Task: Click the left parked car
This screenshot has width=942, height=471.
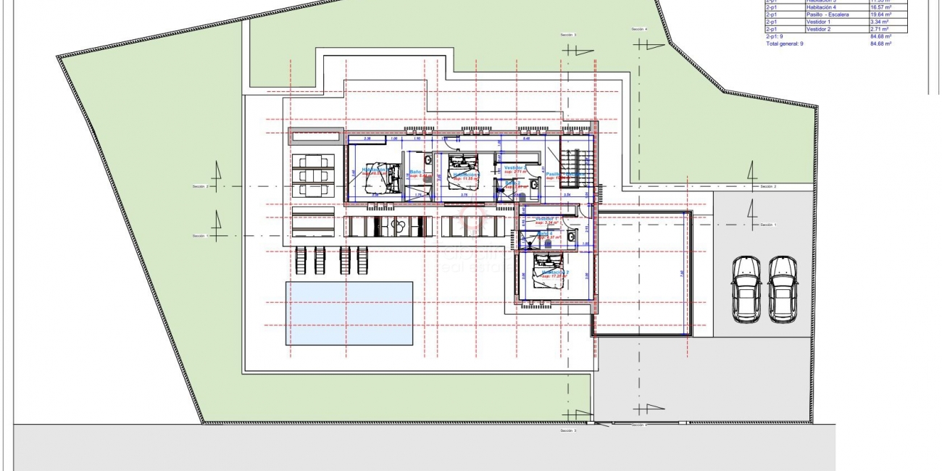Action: pyautogui.click(x=746, y=289)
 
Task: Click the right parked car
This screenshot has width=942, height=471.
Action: pyautogui.click(x=783, y=289)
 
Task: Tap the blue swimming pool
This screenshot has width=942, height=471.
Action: pyautogui.click(x=349, y=313)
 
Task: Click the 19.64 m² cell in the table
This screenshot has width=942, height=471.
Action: pyautogui.click(x=880, y=14)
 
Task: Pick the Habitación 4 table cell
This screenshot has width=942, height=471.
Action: pyautogui.click(x=821, y=7)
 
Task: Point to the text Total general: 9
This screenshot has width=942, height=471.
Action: pyautogui.click(x=785, y=43)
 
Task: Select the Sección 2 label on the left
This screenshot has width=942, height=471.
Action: pyautogui.click(x=200, y=187)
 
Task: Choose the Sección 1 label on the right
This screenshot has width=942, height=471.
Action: pyautogui.click(x=768, y=225)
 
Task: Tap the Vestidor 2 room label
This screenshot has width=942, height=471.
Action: pyautogui.click(x=520, y=167)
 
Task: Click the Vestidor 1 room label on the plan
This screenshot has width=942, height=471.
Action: pyautogui.click(x=549, y=218)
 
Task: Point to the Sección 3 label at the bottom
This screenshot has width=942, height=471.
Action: pyautogui.click(x=568, y=430)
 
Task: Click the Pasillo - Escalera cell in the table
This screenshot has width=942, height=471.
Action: pyautogui.click(x=827, y=14)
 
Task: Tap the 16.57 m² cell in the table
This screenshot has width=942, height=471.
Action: pyautogui.click(x=880, y=7)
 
